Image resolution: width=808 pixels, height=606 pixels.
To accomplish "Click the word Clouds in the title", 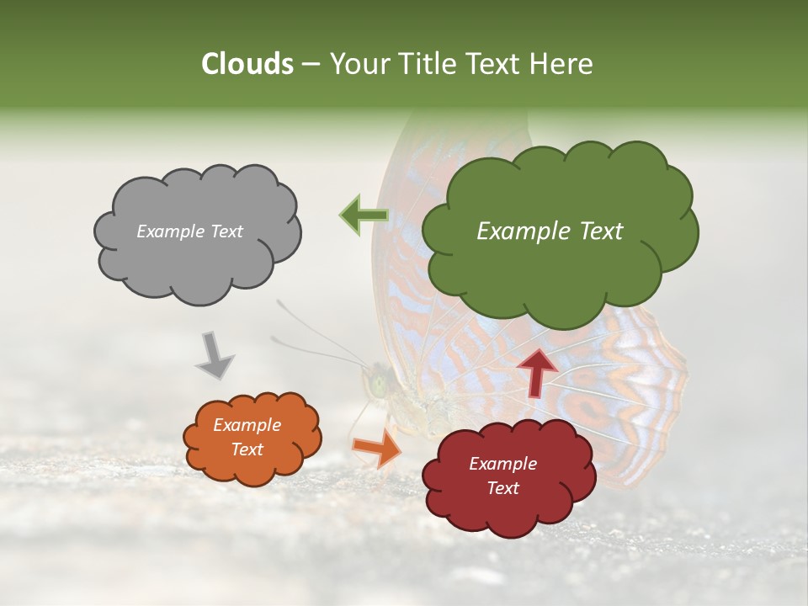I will (x=247, y=64).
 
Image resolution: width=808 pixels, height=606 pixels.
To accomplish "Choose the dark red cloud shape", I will (x=505, y=513).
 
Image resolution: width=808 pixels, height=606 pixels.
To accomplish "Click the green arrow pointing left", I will (x=363, y=215).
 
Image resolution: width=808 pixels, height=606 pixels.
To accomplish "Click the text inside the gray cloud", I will (x=189, y=231).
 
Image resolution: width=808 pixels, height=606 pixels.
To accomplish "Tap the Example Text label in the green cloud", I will (x=550, y=231).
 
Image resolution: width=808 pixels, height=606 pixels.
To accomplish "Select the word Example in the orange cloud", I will (x=247, y=425).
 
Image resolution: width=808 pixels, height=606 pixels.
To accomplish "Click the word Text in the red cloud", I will (x=502, y=488).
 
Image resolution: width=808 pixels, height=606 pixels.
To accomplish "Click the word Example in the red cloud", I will (x=502, y=464).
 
